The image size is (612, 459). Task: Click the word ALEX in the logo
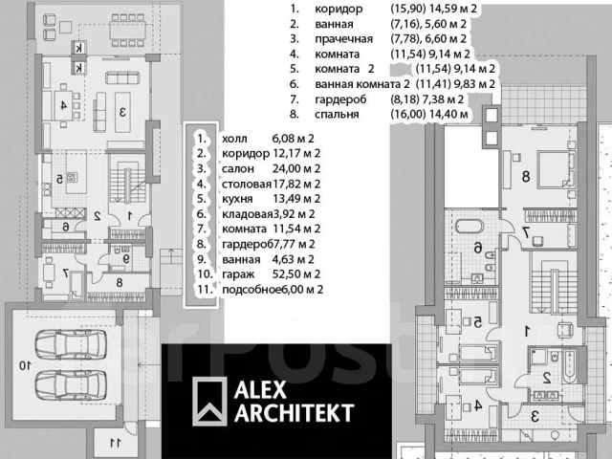coord(260,389)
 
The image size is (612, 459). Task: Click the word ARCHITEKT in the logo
coord(295,413)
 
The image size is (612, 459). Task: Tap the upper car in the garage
coord(71,344)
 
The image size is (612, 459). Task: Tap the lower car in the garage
coord(71,384)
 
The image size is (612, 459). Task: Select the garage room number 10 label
coord(25,365)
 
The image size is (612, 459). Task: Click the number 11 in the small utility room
coord(116,443)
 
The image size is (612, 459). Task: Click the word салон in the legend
coord(238,169)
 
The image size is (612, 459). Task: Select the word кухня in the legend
coord(237,199)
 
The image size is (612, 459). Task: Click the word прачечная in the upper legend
coord(343,39)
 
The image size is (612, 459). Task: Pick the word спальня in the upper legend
coord(337,115)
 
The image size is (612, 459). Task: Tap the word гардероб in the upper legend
coord(340,99)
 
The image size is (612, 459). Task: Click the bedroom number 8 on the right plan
coord(526,176)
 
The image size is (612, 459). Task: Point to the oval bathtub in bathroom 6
coord(470,227)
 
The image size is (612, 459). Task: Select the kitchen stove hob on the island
coord(73,178)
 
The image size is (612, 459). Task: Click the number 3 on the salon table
coord(122,112)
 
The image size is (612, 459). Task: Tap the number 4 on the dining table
coord(64,104)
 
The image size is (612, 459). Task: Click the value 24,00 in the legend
coord(285,169)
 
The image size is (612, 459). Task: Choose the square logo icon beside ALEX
coord(209,402)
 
